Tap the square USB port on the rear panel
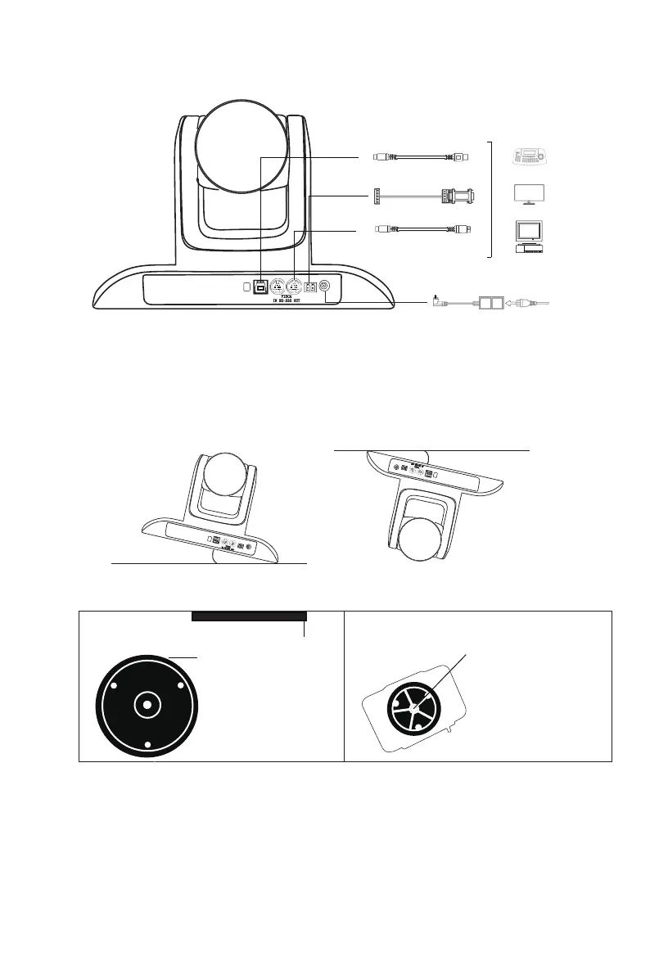coord(260,287)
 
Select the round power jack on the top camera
coord(325,287)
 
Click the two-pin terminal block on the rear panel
coord(310,287)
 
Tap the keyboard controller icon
coord(535,157)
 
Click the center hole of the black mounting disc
coord(145,703)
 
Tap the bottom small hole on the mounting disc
coord(145,744)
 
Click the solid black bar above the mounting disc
coord(249,616)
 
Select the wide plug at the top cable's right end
coord(462,155)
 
